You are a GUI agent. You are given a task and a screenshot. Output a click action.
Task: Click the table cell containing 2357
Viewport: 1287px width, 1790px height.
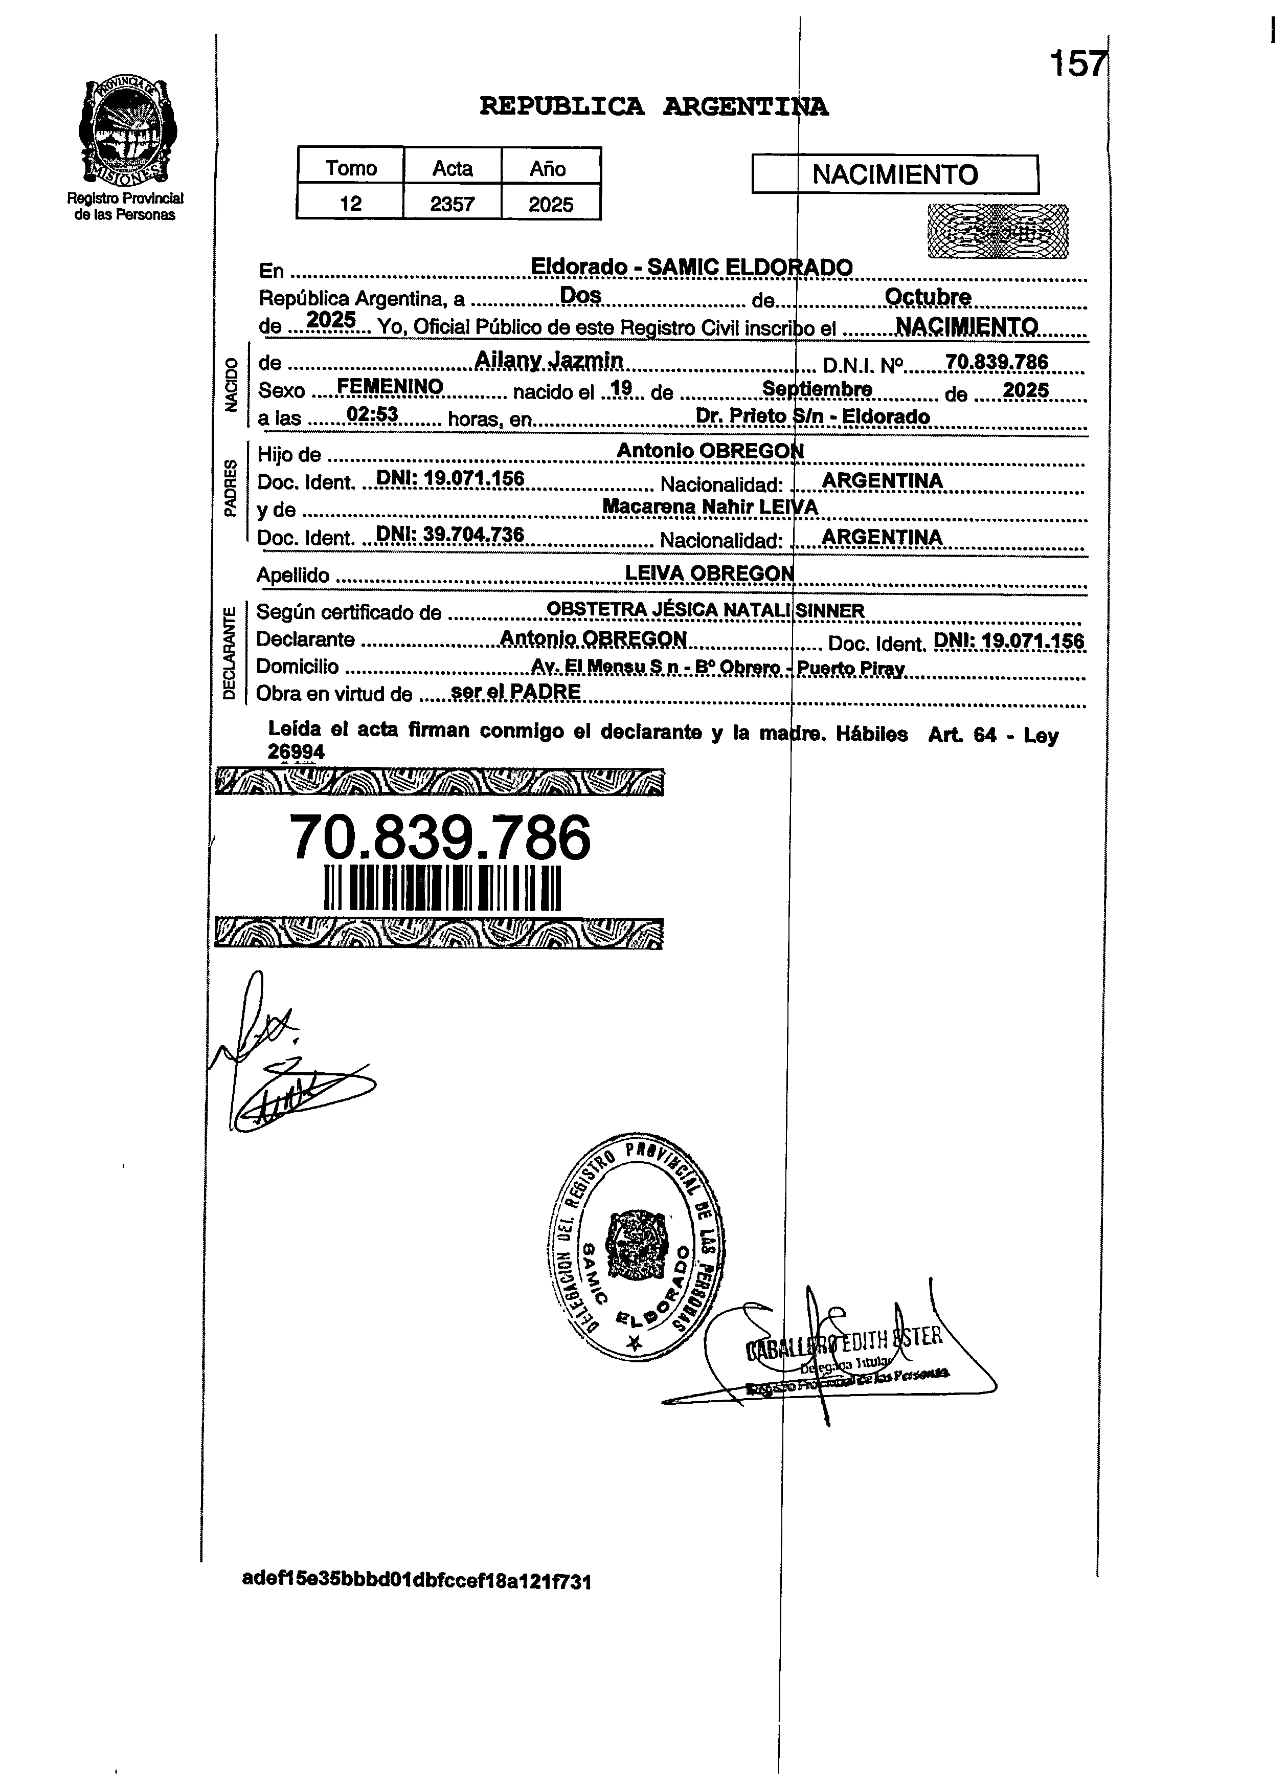[x=452, y=204]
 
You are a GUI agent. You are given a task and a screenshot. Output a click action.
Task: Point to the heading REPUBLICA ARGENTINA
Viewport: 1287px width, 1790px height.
[x=653, y=106]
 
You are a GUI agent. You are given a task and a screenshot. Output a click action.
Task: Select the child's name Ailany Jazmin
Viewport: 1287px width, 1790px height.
[x=549, y=360]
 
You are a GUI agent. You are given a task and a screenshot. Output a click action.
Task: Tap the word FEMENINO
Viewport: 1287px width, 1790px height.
[x=389, y=386]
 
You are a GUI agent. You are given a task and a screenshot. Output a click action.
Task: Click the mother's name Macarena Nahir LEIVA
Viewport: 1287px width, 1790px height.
[x=709, y=506]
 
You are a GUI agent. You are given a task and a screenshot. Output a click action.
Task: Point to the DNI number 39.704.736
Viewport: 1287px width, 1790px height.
[x=472, y=534]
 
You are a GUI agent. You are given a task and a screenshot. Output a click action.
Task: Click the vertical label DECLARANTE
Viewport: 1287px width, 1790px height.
[x=230, y=652]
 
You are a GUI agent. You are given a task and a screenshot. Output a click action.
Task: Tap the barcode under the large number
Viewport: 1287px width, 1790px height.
[x=442, y=888]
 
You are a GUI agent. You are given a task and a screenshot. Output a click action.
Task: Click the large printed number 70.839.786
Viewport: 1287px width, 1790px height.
[x=440, y=837]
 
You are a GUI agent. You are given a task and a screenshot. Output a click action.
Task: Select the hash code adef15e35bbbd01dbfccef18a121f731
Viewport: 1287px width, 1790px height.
[x=417, y=1581]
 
